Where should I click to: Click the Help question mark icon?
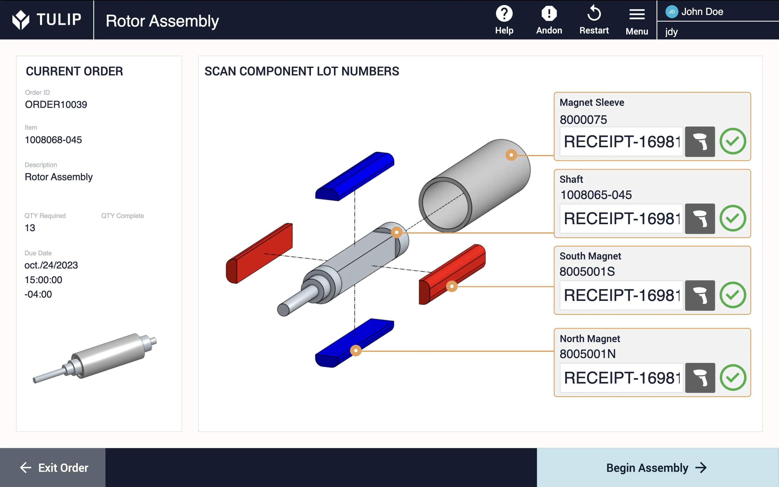coord(504,14)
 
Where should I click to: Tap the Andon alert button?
coord(549,14)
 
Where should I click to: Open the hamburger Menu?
coord(637,14)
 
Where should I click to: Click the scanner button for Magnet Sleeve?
coord(700,142)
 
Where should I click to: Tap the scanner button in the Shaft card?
coord(700,219)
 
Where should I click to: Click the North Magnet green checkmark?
coord(733,378)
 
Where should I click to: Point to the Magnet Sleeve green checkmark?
coord(733,141)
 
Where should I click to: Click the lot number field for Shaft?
coord(621,219)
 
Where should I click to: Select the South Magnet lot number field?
coord(621,295)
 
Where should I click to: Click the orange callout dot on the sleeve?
coord(511,155)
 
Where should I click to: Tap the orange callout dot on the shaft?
coord(396,232)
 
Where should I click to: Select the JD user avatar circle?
coord(671,12)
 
